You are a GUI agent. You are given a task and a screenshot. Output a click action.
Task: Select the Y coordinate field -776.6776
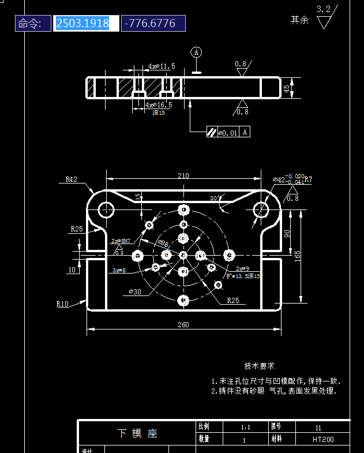coord(153,24)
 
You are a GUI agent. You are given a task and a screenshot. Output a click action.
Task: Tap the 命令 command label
coord(32,24)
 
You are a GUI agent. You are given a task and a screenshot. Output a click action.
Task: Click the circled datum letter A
coord(197,52)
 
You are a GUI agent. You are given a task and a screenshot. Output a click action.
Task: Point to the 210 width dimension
coord(183,176)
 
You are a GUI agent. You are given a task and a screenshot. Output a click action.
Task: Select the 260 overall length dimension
coord(183,325)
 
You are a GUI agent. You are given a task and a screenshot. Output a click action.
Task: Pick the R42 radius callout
coord(71,179)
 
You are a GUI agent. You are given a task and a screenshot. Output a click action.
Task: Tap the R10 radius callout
coord(62,303)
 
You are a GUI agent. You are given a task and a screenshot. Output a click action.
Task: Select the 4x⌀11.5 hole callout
coord(161,66)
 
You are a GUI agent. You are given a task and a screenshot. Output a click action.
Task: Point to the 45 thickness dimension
coord(286,88)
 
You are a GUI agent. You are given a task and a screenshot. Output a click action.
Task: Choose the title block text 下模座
coord(137,433)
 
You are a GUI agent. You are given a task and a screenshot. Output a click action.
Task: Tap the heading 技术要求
coord(259,366)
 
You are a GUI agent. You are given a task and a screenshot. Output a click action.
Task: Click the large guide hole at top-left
coord(106,209)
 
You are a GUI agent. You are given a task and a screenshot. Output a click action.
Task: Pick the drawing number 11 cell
coord(318,428)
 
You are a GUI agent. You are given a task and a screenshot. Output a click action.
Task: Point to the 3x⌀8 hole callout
coord(119,270)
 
